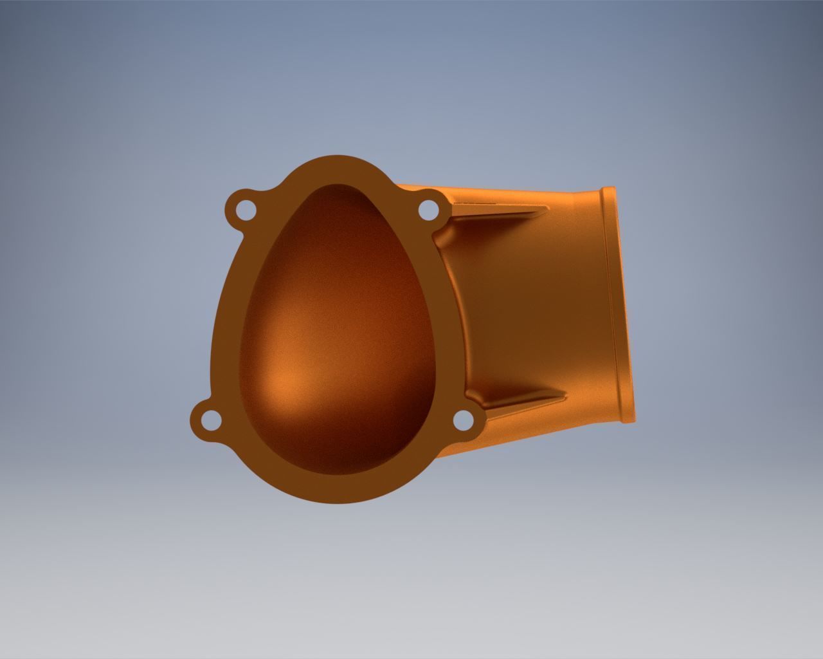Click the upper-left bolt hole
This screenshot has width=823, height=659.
pyautogui.click(x=245, y=209)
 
